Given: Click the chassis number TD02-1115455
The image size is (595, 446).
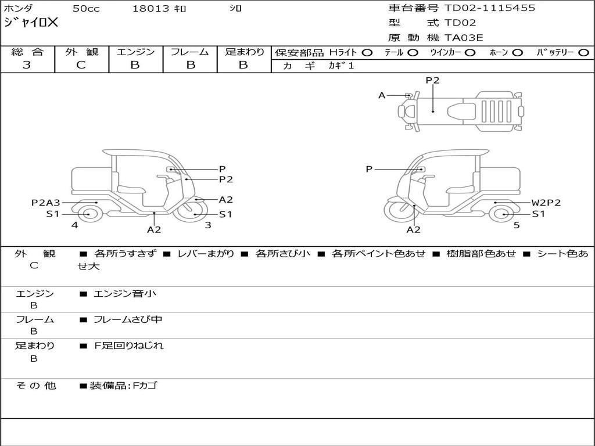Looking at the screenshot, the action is (x=490, y=8).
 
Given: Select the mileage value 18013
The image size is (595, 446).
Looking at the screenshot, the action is (x=150, y=9).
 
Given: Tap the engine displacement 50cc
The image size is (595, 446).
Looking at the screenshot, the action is (x=85, y=9).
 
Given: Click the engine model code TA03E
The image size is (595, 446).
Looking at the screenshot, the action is (x=464, y=38).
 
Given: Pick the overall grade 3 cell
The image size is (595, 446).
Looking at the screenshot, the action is (x=27, y=65).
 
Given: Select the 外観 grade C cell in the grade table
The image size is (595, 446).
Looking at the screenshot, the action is (x=81, y=65).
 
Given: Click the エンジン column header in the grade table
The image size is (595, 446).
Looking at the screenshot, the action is (x=135, y=52).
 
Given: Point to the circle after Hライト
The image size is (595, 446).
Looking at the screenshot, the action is (x=367, y=52).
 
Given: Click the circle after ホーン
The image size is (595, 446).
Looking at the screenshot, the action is (x=518, y=52).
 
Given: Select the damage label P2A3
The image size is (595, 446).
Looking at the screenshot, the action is (x=45, y=203).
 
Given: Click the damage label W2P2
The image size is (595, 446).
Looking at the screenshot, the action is (x=546, y=203).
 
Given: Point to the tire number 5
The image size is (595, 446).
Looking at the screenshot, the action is (x=517, y=225).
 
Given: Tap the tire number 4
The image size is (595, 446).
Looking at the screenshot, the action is (x=74, y=225).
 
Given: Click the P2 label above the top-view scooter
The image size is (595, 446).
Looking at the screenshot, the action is (x=432, y=81).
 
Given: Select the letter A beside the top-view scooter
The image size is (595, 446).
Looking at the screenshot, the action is (x=382, y=95).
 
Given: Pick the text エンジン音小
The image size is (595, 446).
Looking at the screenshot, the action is (x=125, y=294).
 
